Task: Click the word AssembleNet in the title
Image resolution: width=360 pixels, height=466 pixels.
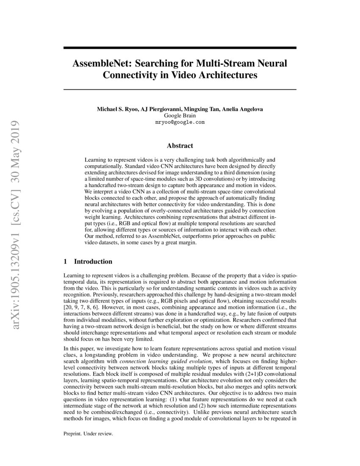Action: pyautogui.click(x=100, y=64)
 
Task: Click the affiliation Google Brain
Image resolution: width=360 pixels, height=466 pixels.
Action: pyautogui.click(x=180, y=115)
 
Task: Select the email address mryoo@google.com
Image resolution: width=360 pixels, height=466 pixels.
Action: pyautogui.click(x=180, y=122)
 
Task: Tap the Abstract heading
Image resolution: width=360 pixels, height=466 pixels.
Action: pyautogui.click(x=180, y=146)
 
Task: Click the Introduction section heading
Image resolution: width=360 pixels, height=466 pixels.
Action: pyautogui.click(x=93, y=261)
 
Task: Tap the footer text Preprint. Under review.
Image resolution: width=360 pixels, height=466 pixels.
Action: pyautogui.click(x=88, y=434)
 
